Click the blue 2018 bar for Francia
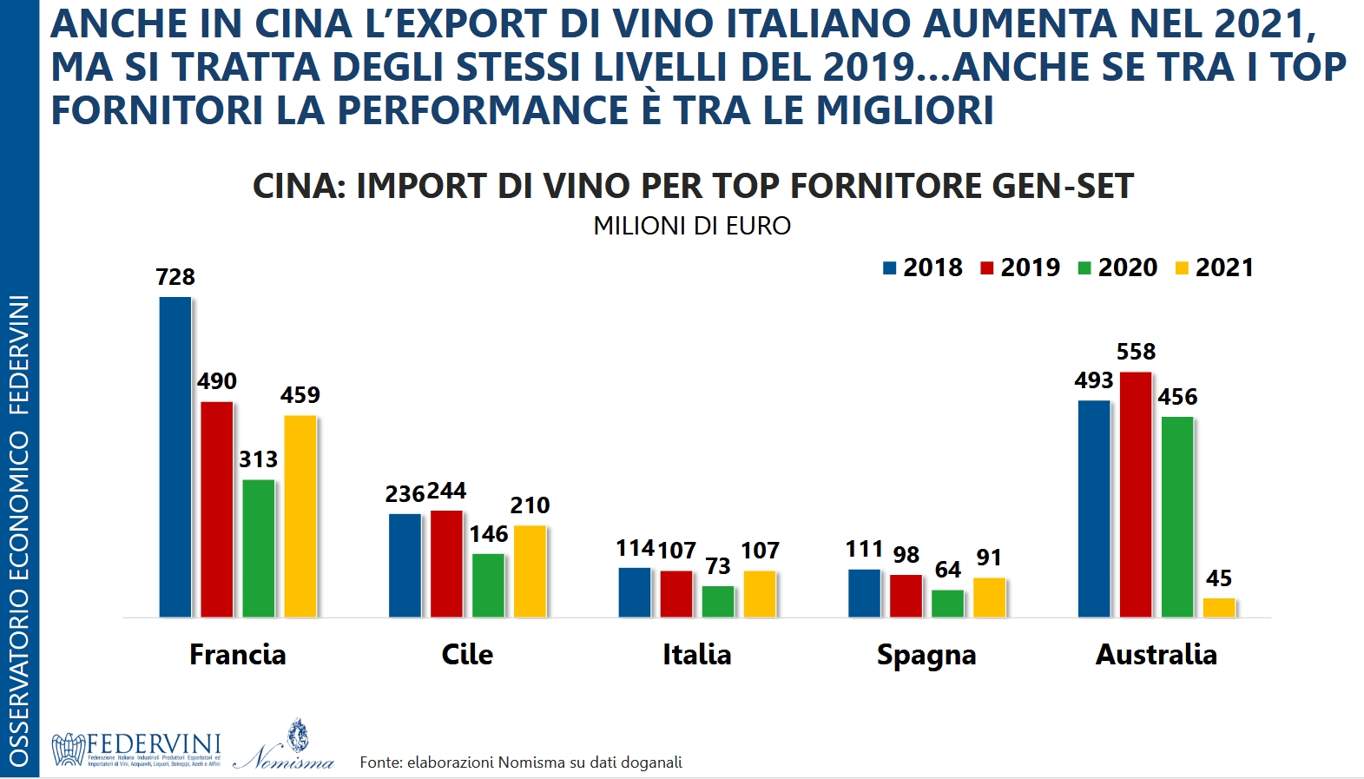(175, 457)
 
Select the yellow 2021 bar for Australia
(1219, 607)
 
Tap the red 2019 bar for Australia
(1136, 494)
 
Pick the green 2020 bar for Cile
(489, 584)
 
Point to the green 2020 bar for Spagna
(948, 603)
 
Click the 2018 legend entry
(923, 267)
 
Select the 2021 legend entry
(1215, 267)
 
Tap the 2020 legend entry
(1117, 267)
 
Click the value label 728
(175, 277)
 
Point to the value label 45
(1219, 578)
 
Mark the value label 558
(1136, 352)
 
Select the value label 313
(259, 459)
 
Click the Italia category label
(696, 654)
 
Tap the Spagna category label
(926, 655)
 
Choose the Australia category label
(1156, 654)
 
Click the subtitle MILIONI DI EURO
(692, 226)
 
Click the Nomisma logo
(284, 747)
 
